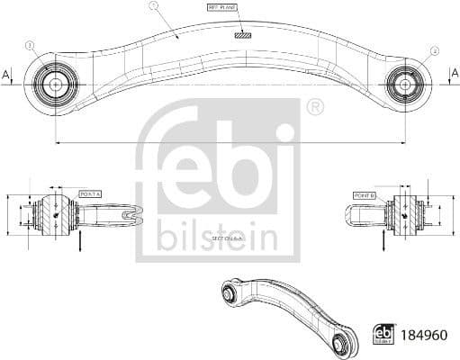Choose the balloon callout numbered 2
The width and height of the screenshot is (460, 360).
[x=435, y=51]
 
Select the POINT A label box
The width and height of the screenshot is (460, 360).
[x=90, y=193]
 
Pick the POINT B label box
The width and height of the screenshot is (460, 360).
[x=365, y=194]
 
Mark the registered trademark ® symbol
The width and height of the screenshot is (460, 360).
[x=314, y=108]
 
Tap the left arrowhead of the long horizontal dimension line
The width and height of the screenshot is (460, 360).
[x=57, y=142]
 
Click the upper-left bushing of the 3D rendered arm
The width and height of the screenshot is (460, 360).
[x=230, y=291]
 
